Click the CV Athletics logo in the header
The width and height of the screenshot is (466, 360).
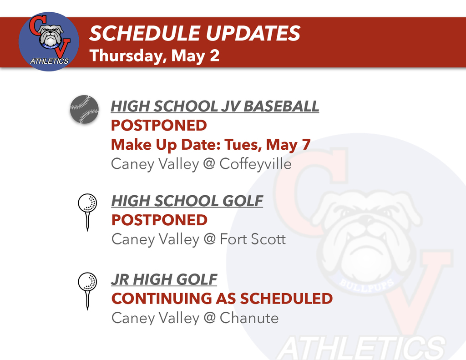pos(49,41)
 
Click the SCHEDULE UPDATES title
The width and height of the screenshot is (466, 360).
pos(194,33)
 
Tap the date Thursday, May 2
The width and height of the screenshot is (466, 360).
pos(154,56)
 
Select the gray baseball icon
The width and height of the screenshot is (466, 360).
pos(84,110)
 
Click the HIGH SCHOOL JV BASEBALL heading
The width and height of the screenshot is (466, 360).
pos(215,106)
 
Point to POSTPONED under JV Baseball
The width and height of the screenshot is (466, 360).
pos(159,125)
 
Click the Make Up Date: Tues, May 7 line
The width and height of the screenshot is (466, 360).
pos(211,145)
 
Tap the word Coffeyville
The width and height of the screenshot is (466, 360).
pos(255,164)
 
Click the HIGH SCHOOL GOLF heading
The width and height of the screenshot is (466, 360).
pos(187,201)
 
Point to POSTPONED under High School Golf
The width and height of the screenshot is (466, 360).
pos(159,220)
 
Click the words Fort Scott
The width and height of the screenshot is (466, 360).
pos(253,239)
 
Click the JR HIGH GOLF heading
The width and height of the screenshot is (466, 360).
pos(164,279)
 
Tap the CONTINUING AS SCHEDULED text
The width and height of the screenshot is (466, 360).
pos(222,299)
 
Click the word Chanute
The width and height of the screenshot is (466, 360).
pos(249,318)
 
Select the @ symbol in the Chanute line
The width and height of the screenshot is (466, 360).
pos(209,318)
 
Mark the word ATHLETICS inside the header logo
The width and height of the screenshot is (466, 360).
pos(49,61)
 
